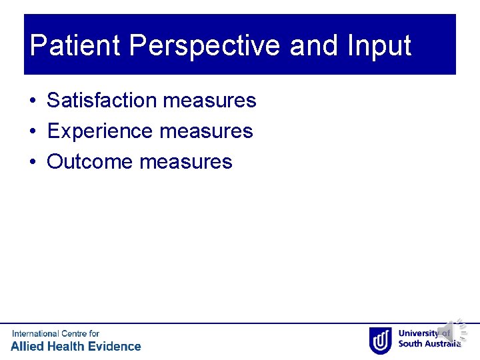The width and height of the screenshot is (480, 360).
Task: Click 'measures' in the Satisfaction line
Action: tap(209, 101)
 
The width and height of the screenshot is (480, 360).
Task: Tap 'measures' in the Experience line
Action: tap(206, 131)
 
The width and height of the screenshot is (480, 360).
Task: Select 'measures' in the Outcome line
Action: tap(186, 162)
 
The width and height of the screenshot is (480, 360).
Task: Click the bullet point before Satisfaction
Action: tap(33, 101)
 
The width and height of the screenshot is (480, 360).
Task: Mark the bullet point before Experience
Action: tap(33, 132)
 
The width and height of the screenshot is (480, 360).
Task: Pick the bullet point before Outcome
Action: tap(33, 163)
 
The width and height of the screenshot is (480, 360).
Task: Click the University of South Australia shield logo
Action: tap(380, 340)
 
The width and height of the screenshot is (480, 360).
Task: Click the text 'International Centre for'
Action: tap(55, 333)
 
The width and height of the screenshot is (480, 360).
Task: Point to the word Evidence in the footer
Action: tap(114, 346)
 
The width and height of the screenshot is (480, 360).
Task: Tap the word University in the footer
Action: tap(419, 333)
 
